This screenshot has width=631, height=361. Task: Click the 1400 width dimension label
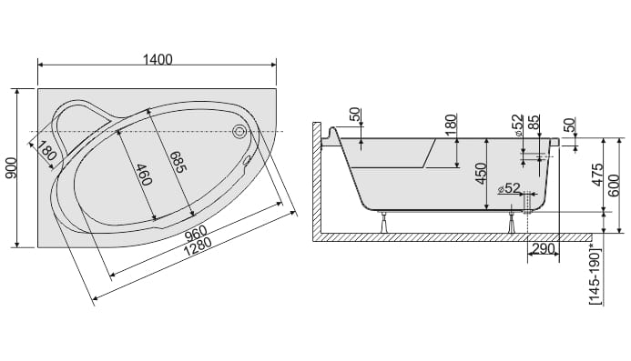pos(158,59)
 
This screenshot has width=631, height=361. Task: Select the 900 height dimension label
pos(11,168)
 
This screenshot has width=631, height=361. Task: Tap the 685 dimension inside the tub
pos(178,162)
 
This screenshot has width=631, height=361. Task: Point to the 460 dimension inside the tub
pos(144,175)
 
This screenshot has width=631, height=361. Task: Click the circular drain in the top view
pos(239,131)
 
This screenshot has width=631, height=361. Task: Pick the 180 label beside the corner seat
pos(47,149)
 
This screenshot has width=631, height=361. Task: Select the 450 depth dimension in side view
pos(481,174)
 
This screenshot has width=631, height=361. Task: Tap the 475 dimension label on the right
pos(598,174)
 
